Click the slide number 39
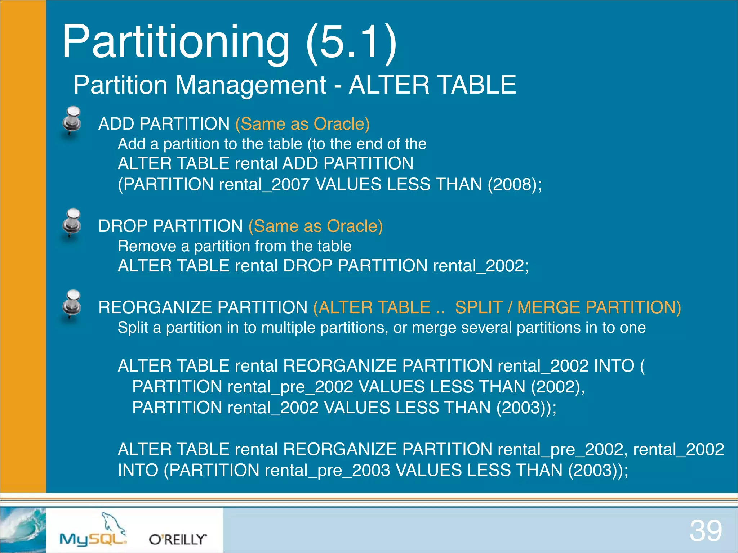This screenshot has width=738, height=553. click(706, 531)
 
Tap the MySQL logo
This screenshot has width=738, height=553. click(93, 529)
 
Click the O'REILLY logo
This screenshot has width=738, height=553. click(178, 539)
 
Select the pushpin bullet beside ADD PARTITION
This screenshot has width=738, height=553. click(72, 120)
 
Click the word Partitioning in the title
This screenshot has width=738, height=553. click(176, 42)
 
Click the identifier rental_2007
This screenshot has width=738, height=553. click(264, 184)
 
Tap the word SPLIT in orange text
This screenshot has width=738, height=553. click(479, 307)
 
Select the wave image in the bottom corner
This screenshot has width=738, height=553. click(23, 530)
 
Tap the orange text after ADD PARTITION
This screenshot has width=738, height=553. click(303, 124)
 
